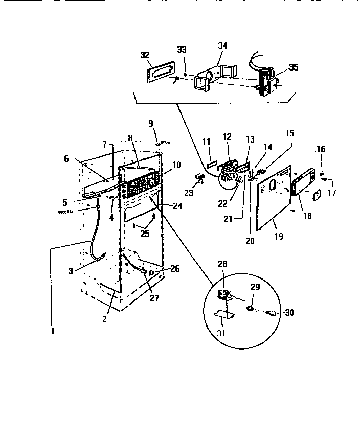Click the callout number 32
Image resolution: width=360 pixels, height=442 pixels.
pyautogui.click(x=145, y=54)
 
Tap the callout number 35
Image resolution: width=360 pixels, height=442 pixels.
pyautogui.click(x=294, y=66)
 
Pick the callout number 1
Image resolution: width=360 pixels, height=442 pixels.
pyautogui.click(x=52, y=330)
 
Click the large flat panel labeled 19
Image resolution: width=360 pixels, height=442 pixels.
pyautogui.click(x=272, y=199)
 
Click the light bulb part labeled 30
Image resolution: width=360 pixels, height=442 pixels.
pyautogui.click(x=273, y=313)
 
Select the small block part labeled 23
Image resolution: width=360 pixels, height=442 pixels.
pyautogui.click(x=199, y=177)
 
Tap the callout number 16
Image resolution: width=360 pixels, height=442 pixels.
pyautogui.click(x=321, y=149)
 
